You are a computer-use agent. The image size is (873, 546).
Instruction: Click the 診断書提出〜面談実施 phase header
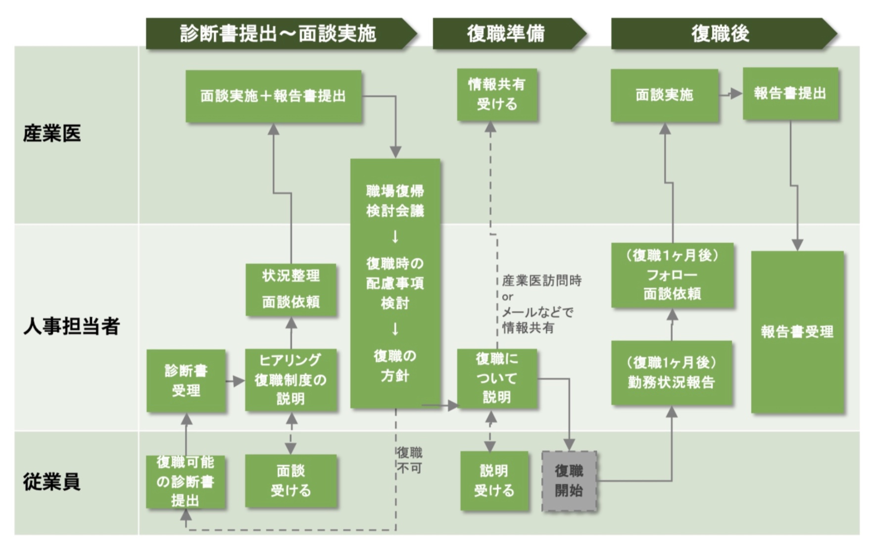tap(278, 34)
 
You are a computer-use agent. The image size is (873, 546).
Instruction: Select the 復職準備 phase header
tap(506, 34)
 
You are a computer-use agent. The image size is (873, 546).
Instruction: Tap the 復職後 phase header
tap(720, 34)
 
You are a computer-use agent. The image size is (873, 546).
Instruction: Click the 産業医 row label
tap(52, 134)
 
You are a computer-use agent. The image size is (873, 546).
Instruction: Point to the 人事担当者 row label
tap(71, 326)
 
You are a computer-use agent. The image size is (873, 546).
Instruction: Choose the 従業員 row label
tap(52, 482)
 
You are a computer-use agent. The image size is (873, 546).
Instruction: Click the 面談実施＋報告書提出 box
tap(273, 96)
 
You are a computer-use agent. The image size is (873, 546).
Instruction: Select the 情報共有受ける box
tap(497, 94)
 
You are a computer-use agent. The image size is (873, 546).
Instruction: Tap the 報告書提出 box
tap(790, 93)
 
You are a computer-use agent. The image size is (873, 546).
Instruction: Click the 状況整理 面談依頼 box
tap(291, 289)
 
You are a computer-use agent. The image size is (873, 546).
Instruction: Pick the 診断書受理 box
tap(186, 380)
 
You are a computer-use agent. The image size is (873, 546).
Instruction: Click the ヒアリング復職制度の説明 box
tap(291, 379)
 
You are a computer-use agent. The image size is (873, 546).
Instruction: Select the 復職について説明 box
tap(497, 378)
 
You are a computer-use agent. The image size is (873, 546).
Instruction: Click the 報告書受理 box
tap(797, 332)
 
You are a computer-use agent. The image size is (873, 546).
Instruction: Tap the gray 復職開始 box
tap(569, 481)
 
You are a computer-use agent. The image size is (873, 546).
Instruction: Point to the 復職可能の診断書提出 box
tap(186, 482)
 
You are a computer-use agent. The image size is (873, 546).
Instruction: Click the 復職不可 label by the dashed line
tap(410, 460)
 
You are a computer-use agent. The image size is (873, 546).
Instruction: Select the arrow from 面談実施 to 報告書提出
tap(730, 93)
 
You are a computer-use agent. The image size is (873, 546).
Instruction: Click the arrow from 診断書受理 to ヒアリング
tap(236, 381)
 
